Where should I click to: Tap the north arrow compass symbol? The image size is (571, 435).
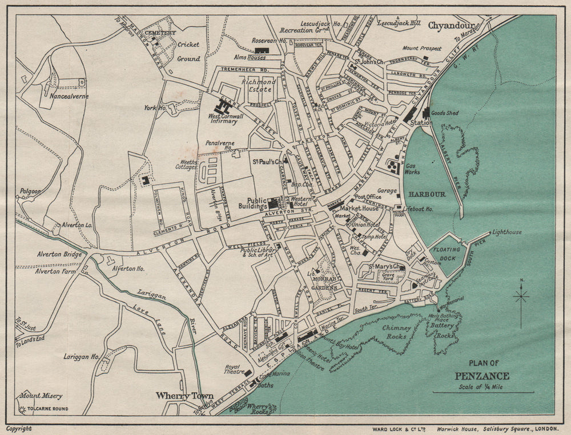(x=521, y=297)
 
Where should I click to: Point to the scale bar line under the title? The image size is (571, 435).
(x=483, y=392)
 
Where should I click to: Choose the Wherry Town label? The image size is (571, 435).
(x=184, y=396)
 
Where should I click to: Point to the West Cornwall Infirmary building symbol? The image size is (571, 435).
(x=219, y=106)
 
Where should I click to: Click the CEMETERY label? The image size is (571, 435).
(x=160, y=33)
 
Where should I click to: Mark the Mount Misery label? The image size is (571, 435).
(x=41, y=396)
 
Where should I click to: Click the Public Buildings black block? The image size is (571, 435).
(x=274, y=202)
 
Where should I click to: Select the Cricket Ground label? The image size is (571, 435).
(x=188, y=51)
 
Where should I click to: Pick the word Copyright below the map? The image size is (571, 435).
(x=19, y=428)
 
